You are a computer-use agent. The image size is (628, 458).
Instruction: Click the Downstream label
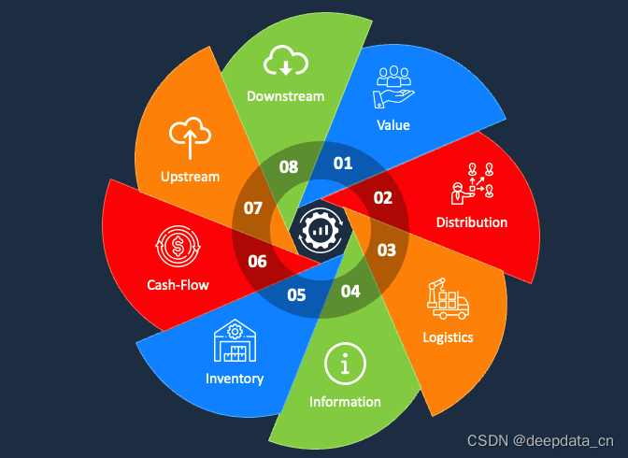[x=285, y=95]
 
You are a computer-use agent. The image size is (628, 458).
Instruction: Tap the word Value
[x=392, y=124]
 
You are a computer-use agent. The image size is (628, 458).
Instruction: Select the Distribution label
[x=472, y=222]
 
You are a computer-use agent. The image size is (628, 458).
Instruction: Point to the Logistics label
[x=448, y=336]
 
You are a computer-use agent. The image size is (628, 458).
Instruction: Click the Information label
[x=345, y=401]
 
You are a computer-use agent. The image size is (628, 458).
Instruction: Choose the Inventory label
[x=235, y=379]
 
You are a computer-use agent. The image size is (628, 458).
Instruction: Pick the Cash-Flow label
[x=178, y=285]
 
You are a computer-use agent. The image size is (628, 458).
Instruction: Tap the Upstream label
[x=190, y=176]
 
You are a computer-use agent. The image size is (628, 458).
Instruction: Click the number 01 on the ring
[x=343, y=164]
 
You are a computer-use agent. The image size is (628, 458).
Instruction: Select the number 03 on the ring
[x=386, y=250]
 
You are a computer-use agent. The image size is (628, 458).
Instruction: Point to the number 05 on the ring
[x=296, y=295]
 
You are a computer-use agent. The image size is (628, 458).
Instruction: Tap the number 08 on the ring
[x=289, y=168]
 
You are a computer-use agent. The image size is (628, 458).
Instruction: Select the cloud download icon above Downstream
[x=285, y=62]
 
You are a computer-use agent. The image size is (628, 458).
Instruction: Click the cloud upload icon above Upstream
[x=190, y=139]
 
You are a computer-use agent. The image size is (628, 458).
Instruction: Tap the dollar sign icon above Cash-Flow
[x=178, y=246]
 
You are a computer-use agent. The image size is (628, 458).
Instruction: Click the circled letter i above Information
[x=345, y=365]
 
